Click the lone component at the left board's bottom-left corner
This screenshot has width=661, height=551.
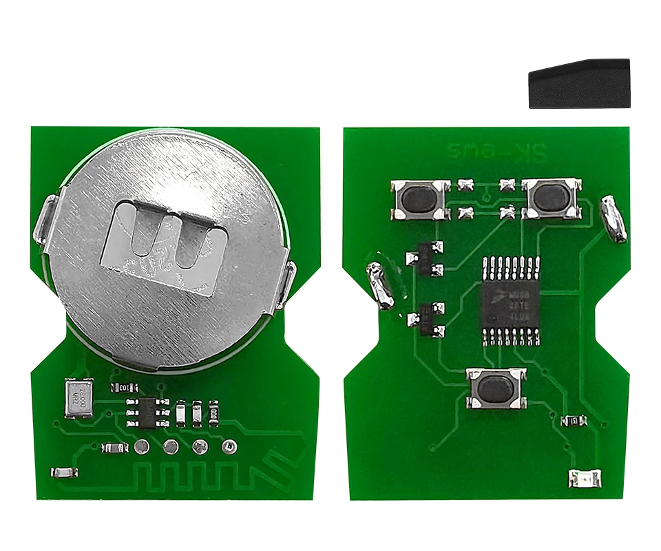64,472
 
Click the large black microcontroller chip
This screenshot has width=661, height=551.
512,299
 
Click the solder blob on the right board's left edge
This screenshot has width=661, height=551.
380,284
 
